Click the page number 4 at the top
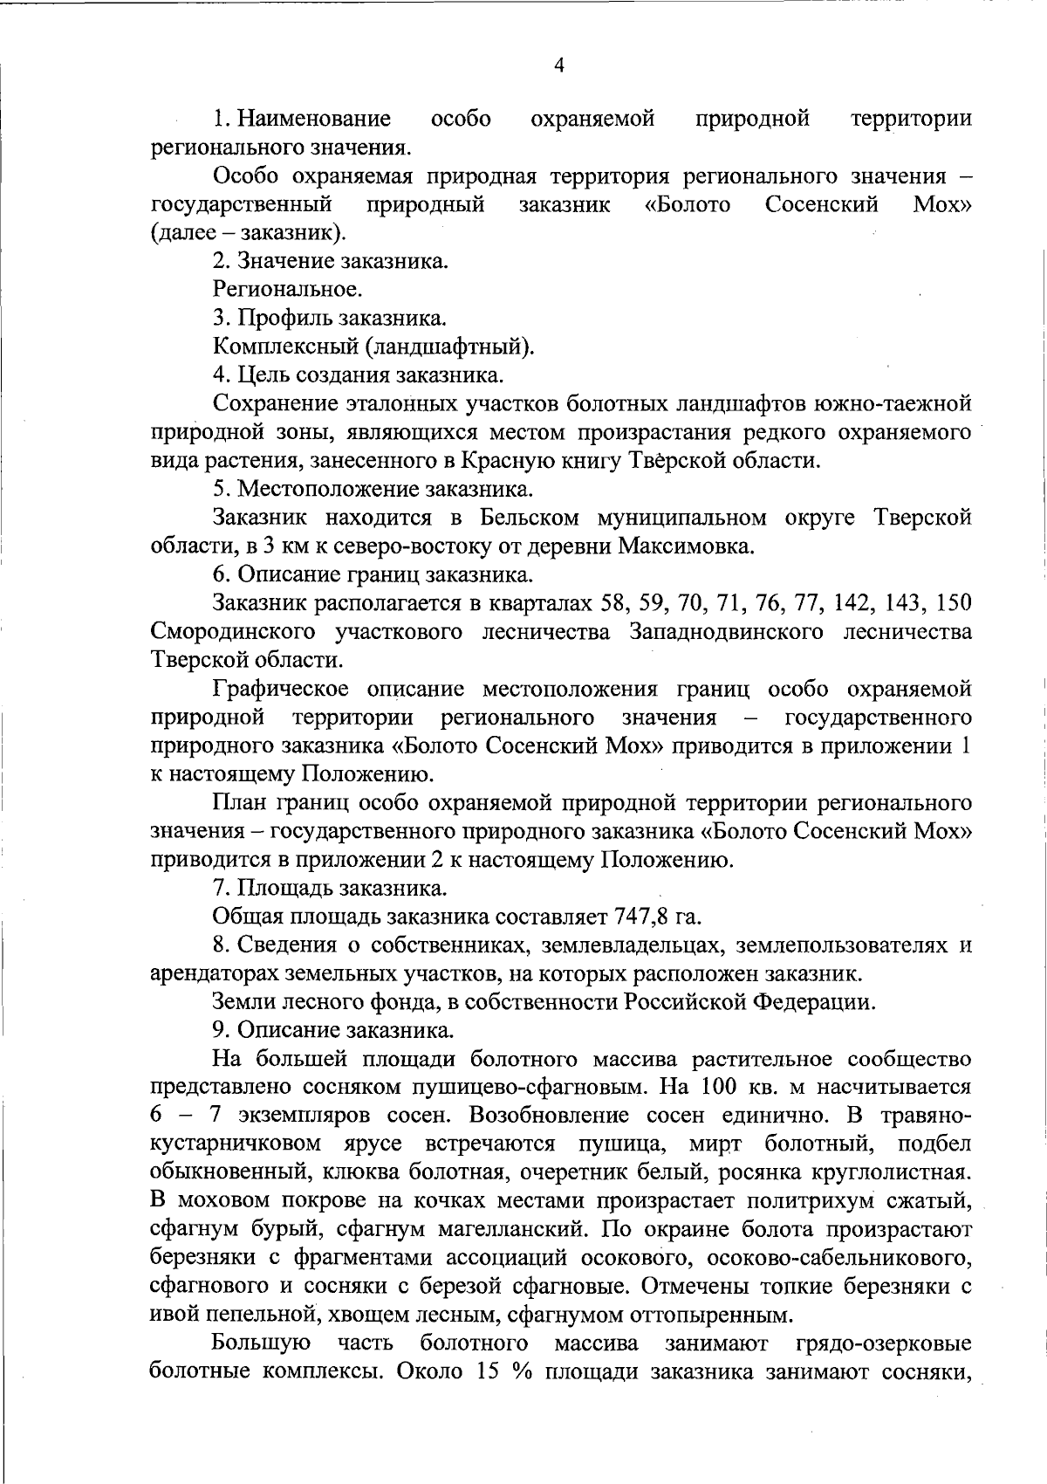tap(559, 65)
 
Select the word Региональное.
tap(288, 289)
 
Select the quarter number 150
tap(953, 603)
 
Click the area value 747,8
tap(645, 917)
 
